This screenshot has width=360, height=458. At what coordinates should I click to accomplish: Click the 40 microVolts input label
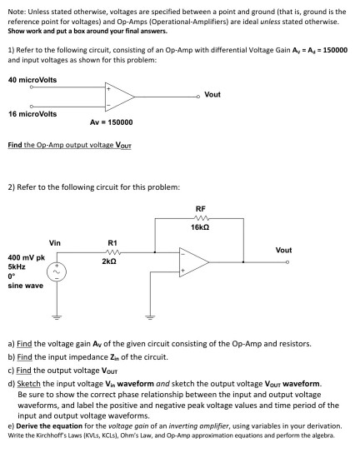point(32,80)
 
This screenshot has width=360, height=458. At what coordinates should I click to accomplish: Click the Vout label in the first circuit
point(212,94)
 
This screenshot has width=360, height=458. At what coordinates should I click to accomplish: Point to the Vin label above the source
point(55,242)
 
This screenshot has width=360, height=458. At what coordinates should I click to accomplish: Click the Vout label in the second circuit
point(283,249)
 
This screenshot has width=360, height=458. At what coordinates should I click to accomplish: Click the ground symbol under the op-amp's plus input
point(152,317)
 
